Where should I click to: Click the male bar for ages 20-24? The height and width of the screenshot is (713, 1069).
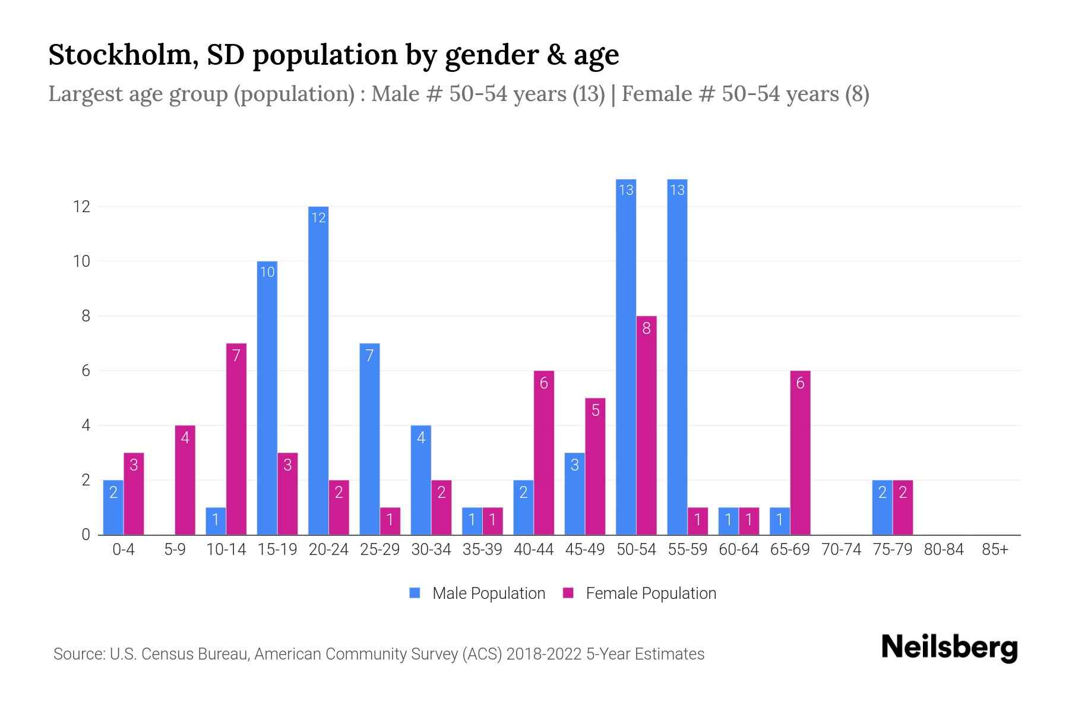coord(318,371)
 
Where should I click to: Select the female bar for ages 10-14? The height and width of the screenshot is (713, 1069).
coord(236,439)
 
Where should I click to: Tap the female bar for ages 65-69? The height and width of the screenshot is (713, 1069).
coord(800,453)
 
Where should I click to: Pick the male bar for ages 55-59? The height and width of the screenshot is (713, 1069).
coord(677,356)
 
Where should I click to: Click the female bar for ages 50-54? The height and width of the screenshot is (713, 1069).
coord(646,425)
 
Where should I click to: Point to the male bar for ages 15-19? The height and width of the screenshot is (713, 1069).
coord(267,398)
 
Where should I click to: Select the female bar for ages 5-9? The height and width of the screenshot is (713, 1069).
coord(185,480)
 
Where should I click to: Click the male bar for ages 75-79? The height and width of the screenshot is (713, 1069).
coord(882,507)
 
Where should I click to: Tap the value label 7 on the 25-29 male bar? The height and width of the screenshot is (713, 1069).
coord(369,356)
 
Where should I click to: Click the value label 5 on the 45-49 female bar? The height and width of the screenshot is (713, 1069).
coord(595,411)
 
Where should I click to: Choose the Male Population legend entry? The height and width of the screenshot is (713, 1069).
coord(477,593)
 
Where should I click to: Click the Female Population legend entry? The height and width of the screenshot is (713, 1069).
coord(640,593)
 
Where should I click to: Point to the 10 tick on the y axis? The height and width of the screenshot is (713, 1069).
coord(81,261)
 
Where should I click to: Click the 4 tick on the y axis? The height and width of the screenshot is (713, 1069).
coord(86,425)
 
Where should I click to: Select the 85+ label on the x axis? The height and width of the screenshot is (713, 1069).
coord(995,550)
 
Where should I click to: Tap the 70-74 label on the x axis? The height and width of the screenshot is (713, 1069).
coord(841,550)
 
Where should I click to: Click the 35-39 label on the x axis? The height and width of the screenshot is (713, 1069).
coord(482,550)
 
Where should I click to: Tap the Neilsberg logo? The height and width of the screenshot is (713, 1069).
coord(949,647)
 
